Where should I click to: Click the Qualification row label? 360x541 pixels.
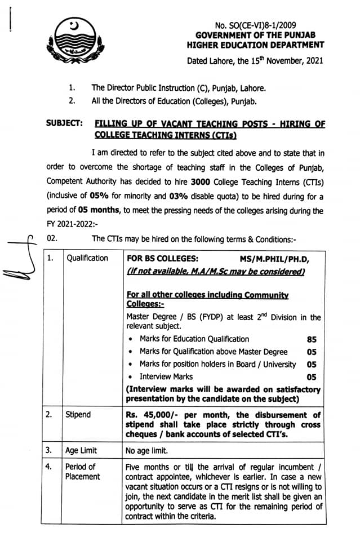tap(87, 258)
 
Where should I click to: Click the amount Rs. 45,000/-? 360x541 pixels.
tap(152, 414)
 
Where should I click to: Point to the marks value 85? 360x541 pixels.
tap(312, 339)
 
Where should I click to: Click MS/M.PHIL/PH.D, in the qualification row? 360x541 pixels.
tap(274, 258)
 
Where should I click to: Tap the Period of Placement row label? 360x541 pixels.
tap(82, 472)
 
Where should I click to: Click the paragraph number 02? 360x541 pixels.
tap(52, 239)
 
